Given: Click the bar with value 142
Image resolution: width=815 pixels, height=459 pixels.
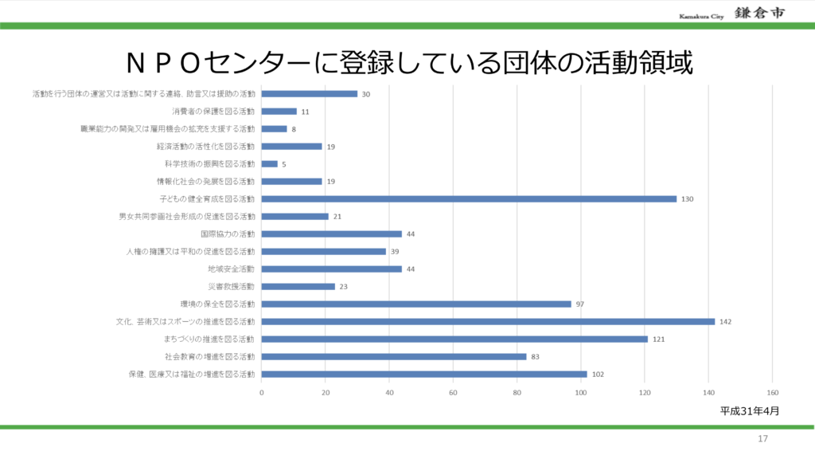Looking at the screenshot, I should click(x=488, y=321).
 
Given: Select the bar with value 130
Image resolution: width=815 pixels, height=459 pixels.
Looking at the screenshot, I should click(x=469, y=198).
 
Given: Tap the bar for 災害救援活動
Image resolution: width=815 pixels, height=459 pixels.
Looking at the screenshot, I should click(x=298, y=286).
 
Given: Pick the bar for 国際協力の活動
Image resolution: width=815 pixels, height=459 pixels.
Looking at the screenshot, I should click(x=331, y=233).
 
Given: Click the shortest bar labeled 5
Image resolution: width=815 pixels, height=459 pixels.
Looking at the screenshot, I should click(x=269, y=163).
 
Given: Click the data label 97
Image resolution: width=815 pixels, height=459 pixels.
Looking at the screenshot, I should click(x=580, y=304).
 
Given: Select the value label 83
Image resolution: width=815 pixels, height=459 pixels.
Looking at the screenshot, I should click(x=536, y=357).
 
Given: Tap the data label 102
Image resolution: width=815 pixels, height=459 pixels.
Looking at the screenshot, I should click(x=597, y=375).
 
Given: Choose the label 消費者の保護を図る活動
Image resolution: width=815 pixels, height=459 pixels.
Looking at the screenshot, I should click(x=213, y=112).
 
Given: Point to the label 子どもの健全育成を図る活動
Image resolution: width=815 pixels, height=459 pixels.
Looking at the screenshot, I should click(x=208, y=199).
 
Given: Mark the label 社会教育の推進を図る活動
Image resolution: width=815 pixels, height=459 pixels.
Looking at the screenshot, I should click(x=210, y=356).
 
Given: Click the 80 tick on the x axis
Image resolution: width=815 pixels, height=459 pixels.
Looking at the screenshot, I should click(x=517, y=392).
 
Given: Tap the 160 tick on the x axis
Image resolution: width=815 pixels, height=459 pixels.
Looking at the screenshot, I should click(x=772, y=392).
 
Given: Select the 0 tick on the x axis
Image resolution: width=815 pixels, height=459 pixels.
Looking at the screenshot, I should click(x=262, y=392).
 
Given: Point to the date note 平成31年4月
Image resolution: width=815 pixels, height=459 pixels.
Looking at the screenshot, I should click(x=749, y=411).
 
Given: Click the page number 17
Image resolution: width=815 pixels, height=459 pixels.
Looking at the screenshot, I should click(x=762, y=439).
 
